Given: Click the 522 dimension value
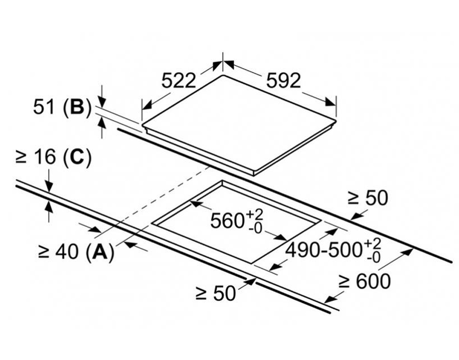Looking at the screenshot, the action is (x=179, y=81).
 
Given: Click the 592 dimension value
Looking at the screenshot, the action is (x=283, y=81).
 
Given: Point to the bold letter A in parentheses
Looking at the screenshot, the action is (x=100, y=251).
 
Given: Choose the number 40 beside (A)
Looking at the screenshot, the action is (x=67, y=251).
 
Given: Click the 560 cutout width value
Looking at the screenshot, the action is (x=227, y=220).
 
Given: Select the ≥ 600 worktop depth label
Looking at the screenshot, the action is (x=364, y=281).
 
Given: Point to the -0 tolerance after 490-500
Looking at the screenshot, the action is (x=373, y=258).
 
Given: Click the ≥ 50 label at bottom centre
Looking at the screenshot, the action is (x=216, y=293).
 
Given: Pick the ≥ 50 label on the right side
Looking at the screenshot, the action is (x=368, y=198).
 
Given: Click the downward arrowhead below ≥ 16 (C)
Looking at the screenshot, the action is (x=49, y=187).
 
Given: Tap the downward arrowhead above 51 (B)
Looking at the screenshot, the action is (x=102, y=102).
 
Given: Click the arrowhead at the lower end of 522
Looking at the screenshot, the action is (x=147, y=105).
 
